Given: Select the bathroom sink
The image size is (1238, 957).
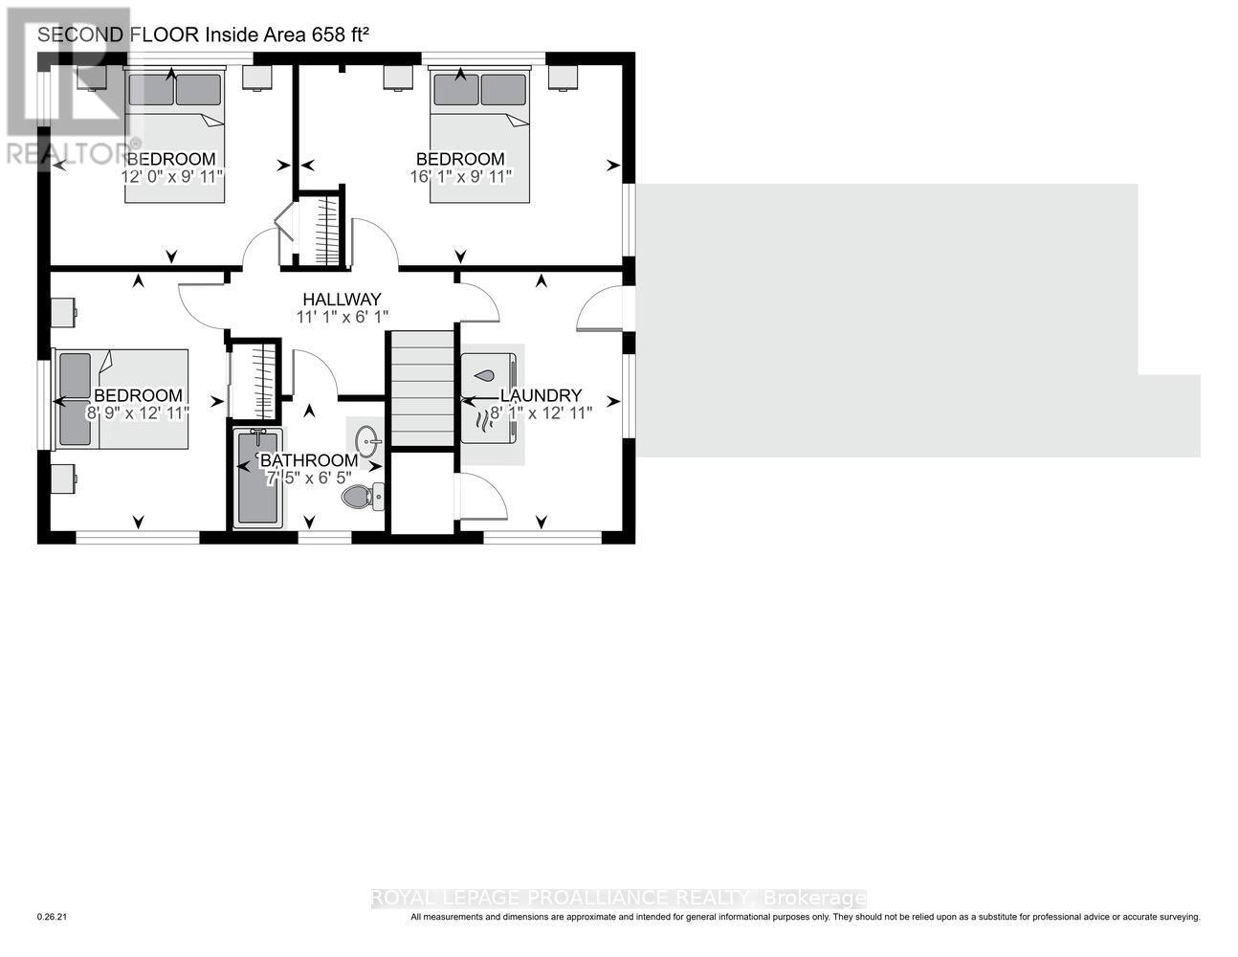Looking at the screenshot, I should (367, 441).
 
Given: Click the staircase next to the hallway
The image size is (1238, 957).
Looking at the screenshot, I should (420, 389).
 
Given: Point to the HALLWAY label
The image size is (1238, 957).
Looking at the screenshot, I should (342, 300).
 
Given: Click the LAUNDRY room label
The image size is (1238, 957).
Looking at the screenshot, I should (541, 395).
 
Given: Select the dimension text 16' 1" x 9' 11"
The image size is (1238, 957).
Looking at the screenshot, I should (460, 176).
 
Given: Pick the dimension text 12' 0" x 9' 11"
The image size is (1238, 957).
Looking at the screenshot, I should (171, 176).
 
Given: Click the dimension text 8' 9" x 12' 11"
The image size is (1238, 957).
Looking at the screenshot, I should (138, 412).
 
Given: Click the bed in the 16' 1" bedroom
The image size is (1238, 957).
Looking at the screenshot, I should (479, 134).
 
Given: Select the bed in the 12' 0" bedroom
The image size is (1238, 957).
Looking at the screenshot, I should (174, 134).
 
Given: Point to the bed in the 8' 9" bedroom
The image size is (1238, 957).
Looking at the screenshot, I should (122, 398).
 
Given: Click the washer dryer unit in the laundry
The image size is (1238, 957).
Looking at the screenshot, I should (489, 398).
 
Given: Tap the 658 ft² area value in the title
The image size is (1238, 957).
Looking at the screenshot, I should (340, 35).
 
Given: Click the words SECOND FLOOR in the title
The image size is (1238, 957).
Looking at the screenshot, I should (117, 35).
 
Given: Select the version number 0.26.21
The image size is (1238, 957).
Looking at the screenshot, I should (53, 917).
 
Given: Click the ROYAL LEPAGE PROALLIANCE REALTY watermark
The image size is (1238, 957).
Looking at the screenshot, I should (618, 898).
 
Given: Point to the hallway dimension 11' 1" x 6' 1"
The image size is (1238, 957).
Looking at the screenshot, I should (342, 317).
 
